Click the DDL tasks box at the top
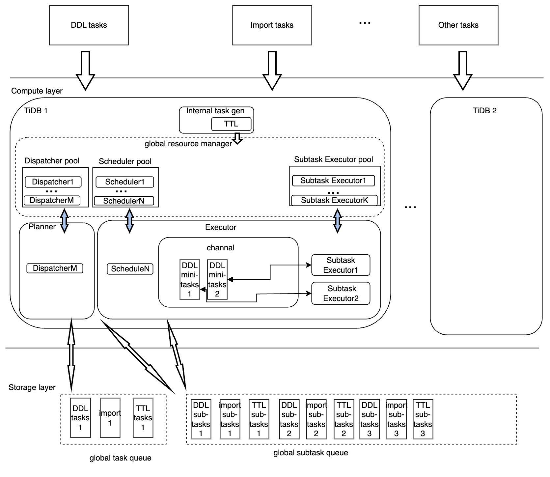pyautogui.click(x=89, y=25)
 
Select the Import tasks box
pyautogui.click(x=272, y=25)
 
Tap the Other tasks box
pyautogui.click(x=458, y=25)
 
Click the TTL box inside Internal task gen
pyautogui.click(x=231, y=124)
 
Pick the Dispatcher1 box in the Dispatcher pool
pyautogui.click(x=53, y=182)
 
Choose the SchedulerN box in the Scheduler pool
pyautogui.click(x=124, y=201)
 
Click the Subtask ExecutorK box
pyautogui.click(x=334, y=200)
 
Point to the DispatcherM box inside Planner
pyautogui.click(x=55, y=268)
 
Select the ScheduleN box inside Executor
pyautogui.click(x=130, y=269)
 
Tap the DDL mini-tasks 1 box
pyautogui.click(x=190, y=280)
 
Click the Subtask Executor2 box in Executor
pyautogui.click(x=341, y=294)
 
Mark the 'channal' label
pyautogui.click(x=221, y=248)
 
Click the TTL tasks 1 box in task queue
pyautogui.click(x=143, y=418)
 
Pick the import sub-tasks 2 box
pyautogui.click(x=316, y=419)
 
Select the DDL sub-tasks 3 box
pyautogui.click(x=369, y=419)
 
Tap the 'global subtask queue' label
pyautogui.click(x=311, y=453)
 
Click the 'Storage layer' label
pyautogui.click(x=32, y=387)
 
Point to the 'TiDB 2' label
pyautogui.click(x=484, y=111)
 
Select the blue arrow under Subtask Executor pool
pyautogui.click(x=337, y=221)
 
